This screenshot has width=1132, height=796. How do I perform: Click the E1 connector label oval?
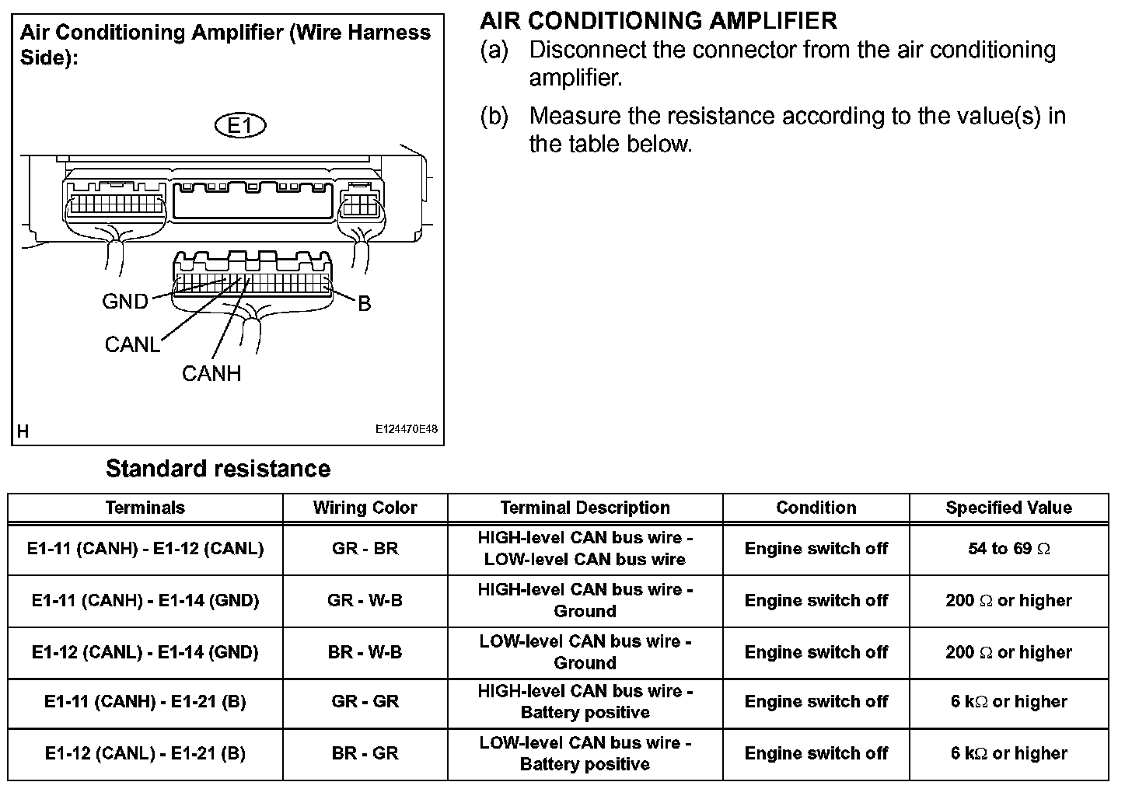[x=239, y=125]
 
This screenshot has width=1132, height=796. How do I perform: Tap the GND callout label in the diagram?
[x=125, y=302]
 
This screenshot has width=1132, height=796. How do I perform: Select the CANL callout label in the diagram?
[x=132, y=344]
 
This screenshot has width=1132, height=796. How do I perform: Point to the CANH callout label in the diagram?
[x=211, y=374]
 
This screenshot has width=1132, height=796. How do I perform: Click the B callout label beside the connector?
[x=364, y=304]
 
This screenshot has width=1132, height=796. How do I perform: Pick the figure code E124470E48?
[x=406, y=429]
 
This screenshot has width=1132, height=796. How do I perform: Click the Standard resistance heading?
[x=218, y=469]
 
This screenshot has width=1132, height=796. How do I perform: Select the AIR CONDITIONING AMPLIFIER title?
[x=659, y=20]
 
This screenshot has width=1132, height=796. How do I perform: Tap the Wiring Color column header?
[x=365, y=508]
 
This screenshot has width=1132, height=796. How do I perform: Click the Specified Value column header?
[x=1008, y=508]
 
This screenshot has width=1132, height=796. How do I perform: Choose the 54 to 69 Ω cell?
[x=1008, y=549]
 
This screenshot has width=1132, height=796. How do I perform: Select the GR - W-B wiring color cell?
[x=365, y=600]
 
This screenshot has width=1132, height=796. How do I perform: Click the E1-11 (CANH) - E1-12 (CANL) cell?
[x=145, y=549]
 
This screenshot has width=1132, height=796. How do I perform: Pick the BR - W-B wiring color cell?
[x=365, y=652]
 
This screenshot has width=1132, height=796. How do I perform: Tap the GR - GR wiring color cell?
[x=365, y=702]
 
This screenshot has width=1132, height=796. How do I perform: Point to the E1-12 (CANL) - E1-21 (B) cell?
[x=145, y=753]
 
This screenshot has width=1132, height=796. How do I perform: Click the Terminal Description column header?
[x=585, y=508]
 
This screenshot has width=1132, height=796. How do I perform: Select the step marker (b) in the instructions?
[x=494, y=117]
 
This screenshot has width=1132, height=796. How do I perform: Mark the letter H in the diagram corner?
[x=23, y=431]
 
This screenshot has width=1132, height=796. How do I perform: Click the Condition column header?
[x=816, y=508]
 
